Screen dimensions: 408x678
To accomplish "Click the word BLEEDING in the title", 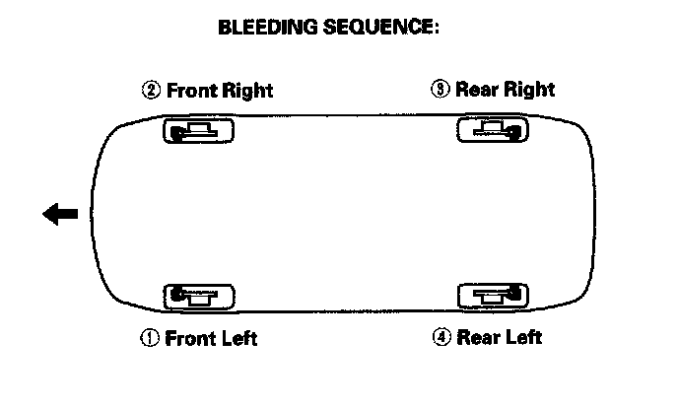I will click(x=266, y=28).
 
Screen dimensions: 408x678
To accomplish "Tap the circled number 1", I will click(x=150, y=338).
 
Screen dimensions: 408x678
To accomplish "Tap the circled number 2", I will click(x=151, y=91).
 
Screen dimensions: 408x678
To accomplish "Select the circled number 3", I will click(x=440, y=90).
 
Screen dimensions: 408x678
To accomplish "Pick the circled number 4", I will click(x=441, y=338).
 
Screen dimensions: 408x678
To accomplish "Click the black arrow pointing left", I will click(x=60, y=214).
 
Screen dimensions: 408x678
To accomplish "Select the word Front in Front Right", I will click(x=191, y=91).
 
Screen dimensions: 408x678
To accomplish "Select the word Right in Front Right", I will click(x=246, y=91).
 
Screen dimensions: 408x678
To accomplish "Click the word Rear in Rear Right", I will click(x=476, y=90).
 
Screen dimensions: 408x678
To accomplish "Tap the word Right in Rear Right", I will click(x=529, y=90).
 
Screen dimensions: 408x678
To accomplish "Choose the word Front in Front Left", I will click(x=190, y=338).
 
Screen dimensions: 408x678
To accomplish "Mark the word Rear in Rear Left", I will click(x=476, y=338).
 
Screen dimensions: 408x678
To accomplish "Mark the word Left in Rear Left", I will click(x=521, y=338).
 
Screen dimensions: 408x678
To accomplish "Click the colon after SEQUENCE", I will click(x=436, y=29).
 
